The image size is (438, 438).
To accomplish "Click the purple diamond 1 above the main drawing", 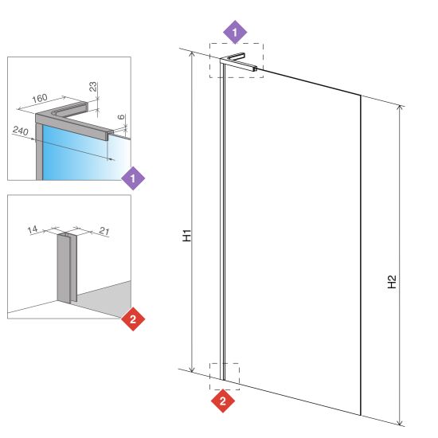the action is pyautogui.click(x=235, y=32).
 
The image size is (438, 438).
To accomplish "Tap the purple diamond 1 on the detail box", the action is pyautogui.click(x=133, y=178).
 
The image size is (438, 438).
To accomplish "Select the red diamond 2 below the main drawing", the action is pyautogui.click(x=223, y=401).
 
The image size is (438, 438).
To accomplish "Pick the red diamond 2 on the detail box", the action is pyautogui.click(x=133, y=319).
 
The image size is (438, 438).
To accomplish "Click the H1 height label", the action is pyautogui.click(x=186, y=235).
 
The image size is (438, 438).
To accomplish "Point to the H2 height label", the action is pyautogui.click(x=392, y=282).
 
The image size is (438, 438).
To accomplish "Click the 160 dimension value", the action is pyautogui.click(x=40, y=98).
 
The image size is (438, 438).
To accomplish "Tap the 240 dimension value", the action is pyautogui.click(x=21, y=131).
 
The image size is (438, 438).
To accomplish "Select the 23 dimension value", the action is pyautogui.click(x=93, y=86).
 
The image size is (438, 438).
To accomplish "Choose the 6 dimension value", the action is pyautogui.click(x=121, y=117).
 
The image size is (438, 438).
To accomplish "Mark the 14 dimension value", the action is pyautogui.click(x=33, y=229).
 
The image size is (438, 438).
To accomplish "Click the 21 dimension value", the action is pyautogui.click(x=104, y=231).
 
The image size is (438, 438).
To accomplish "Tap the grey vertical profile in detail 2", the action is pyautogui.click(x=66, y=268).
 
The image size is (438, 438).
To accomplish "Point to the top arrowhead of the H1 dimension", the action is pyautogui.click(x=192, y=53).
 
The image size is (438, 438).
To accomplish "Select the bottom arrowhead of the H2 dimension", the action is pyautogui.click(x=401, y=423).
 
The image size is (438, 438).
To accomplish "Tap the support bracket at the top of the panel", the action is pyautogui.click(x=237, y=61).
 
